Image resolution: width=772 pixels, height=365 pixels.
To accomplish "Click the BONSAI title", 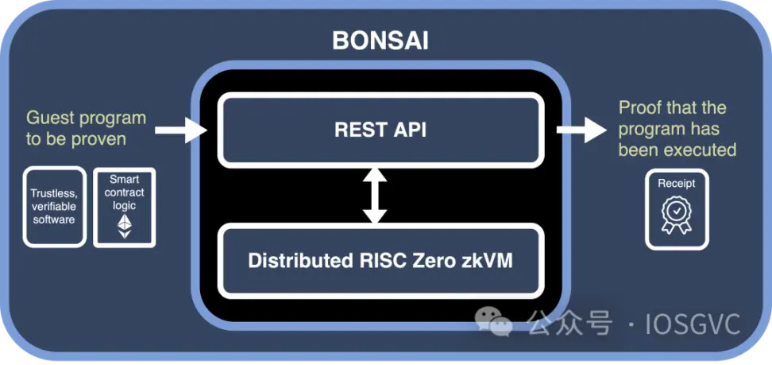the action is pyautogui.click(x=380, y=41).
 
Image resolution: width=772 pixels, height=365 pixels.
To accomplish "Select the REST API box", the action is pyautogui.click(x=380, y=130).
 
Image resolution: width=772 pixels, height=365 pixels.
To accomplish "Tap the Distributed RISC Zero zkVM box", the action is pyautogui.click(x=380, y=261).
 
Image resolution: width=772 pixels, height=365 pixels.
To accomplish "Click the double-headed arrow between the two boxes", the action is pyautogui.click(x=375, y=196).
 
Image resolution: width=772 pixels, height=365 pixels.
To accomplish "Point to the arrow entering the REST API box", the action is pyautogui.click(x=181, y=130).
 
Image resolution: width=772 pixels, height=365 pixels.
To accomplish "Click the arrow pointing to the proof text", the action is pyautogui.click(x=581, y=130).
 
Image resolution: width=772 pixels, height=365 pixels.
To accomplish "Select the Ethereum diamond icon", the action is pyautogui.click(x=125, y=226).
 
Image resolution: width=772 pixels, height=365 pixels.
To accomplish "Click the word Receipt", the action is pyautogui.click(x=677, y=184).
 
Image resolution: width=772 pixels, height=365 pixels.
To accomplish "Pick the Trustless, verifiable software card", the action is pyautogui.click(x=54, y=206).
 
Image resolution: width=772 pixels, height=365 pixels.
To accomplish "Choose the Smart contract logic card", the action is pyautogui.click(x=125, y=207).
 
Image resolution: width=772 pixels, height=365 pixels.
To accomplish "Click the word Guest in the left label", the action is pyautogui.click(x=50, y=118).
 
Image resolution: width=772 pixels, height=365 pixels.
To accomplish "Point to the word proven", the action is pyautogui.click(x=99, y=140).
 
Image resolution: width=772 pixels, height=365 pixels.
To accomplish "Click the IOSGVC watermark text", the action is pyautogui.click(x=696, y=324).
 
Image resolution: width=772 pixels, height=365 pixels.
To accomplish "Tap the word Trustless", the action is pyautogui.click(x=54, y=193).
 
